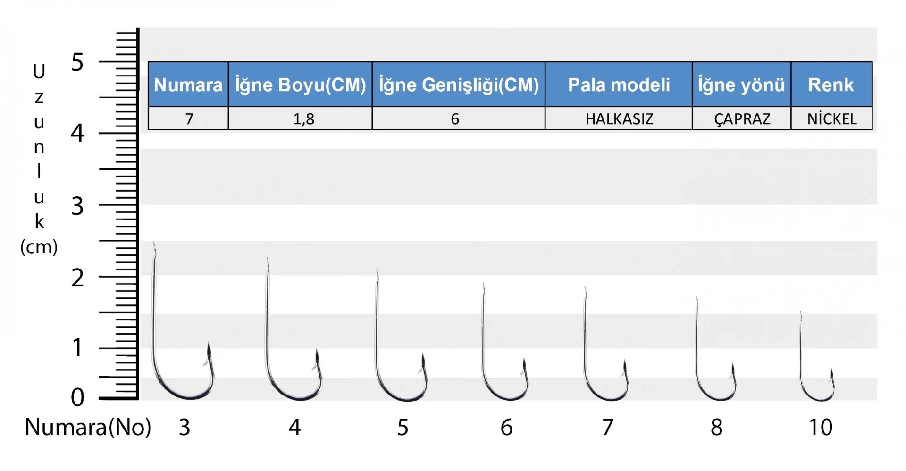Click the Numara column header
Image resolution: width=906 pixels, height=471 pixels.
[x=188, y=84]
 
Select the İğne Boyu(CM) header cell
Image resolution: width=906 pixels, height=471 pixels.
[x=300, y=84]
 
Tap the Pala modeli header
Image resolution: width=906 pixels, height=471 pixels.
[x=619, y=84]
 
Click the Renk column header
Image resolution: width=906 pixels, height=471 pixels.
[x=831, y=84]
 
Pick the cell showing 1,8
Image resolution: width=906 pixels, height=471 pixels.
[x=300, y=118]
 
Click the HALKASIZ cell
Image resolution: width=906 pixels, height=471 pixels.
[x=619, y=118]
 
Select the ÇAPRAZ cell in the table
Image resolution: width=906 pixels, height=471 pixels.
[x=741, y=118]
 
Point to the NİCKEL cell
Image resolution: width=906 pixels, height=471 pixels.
[x=831, y=118]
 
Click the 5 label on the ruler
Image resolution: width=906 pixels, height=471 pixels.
[x=77, y=62]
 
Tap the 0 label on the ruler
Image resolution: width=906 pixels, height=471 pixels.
[x=77, y=397]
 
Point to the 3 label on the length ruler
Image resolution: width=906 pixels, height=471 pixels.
[x=77, y=206]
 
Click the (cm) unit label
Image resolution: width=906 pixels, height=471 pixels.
[x=39, y=247]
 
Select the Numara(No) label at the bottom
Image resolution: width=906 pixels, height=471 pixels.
[x=88, y=427]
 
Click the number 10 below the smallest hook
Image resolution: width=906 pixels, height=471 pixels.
[x=821, y=427]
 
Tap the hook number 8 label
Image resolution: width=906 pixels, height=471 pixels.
[x=716, y=427]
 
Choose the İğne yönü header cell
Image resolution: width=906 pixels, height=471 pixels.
[x=741, y=84]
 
